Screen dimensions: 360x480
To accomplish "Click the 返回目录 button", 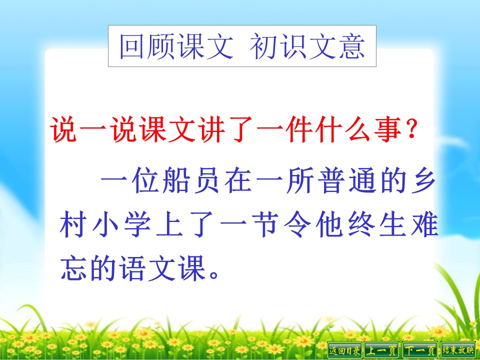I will (x=344, y=350).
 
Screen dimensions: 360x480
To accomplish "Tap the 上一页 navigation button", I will (x=381, y=350).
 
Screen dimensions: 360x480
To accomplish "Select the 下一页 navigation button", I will (x=420, y=350).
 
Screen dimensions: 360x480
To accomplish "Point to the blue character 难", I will (x=424, y=227).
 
